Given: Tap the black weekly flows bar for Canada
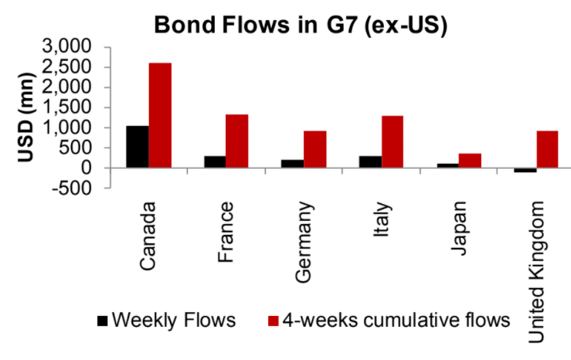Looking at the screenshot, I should click(x=138, y=147).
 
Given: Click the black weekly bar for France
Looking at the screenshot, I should click(x=215, y=161).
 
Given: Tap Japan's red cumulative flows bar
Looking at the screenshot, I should click(x=469, y=160).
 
